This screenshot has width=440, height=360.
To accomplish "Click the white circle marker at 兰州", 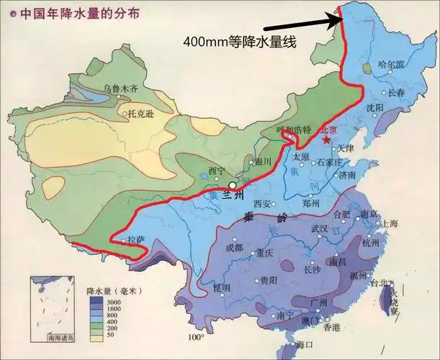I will coord(232,185).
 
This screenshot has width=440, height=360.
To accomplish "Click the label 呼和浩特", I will coord(293,130).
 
